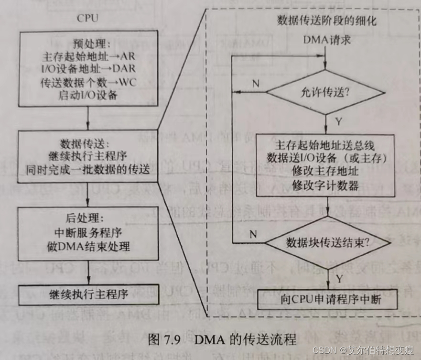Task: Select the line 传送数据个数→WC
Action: pyautogui.click(x=88, y=82)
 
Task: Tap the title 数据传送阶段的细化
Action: pyautogui.click(x=327, y=21)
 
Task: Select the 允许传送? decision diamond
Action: pyautogui.click(x=325, y=92)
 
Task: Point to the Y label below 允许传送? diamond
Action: pyautogui.click(x=338, y=121)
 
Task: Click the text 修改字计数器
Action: pyautogui.click(x=326, y=185)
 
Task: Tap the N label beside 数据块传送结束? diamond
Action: pyautogui.click(x=253, y=234)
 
